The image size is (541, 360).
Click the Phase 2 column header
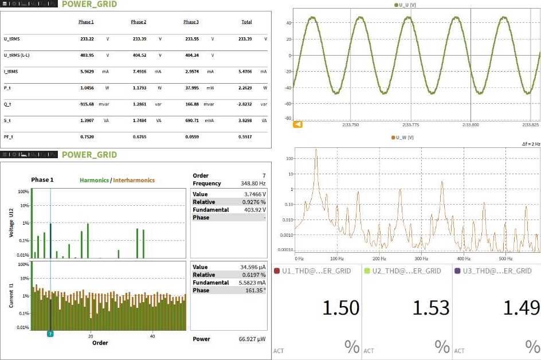pyautogui.click(x=138, y=22)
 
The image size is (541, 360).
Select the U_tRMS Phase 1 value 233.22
pyautogui.click(x=87, y=38)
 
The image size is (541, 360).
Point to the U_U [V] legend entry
pyautogui.click(x=405, y=5)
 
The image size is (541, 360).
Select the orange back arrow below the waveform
pyautogui.click(x=297, y=124)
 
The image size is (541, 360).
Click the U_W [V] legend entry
pyautogui.click(x=402, y=138)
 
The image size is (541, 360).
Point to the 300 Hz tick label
pyautogui.click(x=421, y=259)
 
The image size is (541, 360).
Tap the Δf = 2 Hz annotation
pyautogui.click(x=531, y=145)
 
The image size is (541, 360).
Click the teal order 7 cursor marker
pyautogui.click(x=50, y=334)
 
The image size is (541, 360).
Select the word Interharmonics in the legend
pyautogui.click(x=134, y=180)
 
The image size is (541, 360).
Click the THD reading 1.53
pyautogui.click(x=431, y=308)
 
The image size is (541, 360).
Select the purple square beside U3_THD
pyautogui.click(x=457, y=271)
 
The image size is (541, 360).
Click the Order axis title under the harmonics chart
pyautogui.click(x=100, y=343)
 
